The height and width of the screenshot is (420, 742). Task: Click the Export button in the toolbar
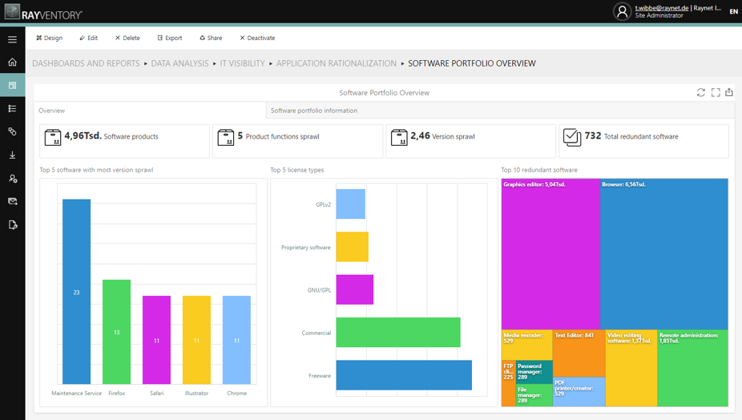pos(169,38)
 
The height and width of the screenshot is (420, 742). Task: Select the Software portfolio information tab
pos(314,111)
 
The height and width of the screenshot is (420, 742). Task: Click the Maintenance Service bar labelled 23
pos(77,292)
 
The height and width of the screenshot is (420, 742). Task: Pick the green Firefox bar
pos(117,332)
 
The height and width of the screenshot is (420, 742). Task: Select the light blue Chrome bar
pos(236,340)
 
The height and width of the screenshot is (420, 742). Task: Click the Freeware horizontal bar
pos(403,375)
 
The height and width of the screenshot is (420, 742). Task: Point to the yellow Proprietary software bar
pos(352,247)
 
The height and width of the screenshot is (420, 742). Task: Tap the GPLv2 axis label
pos(323,204)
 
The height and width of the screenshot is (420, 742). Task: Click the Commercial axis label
pos(316,333)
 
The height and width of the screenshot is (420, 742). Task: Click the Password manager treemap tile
pos(534,372)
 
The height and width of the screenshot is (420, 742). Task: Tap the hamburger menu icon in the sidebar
pos(12,38)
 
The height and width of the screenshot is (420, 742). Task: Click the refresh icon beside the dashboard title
pos(701,93)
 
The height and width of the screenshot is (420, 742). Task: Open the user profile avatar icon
pos(622,11)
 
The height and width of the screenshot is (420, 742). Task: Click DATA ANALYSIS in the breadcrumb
pos(179,63)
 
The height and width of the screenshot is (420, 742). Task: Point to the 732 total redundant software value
pos(593,136)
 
